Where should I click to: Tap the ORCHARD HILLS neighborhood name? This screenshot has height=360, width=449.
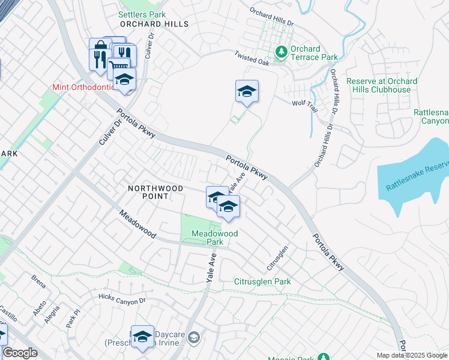point(154,24)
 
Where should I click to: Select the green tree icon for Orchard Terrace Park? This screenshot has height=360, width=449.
point(280,52)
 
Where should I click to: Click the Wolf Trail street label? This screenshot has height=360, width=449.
point(304,103)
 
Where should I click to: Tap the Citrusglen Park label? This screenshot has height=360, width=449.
point(262,281)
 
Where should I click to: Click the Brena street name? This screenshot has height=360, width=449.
point(38,280)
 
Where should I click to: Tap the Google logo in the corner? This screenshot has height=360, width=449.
point(20,353)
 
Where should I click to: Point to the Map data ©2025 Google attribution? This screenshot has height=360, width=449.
point(412,355)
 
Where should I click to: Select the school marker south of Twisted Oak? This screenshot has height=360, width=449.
point(247,92)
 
